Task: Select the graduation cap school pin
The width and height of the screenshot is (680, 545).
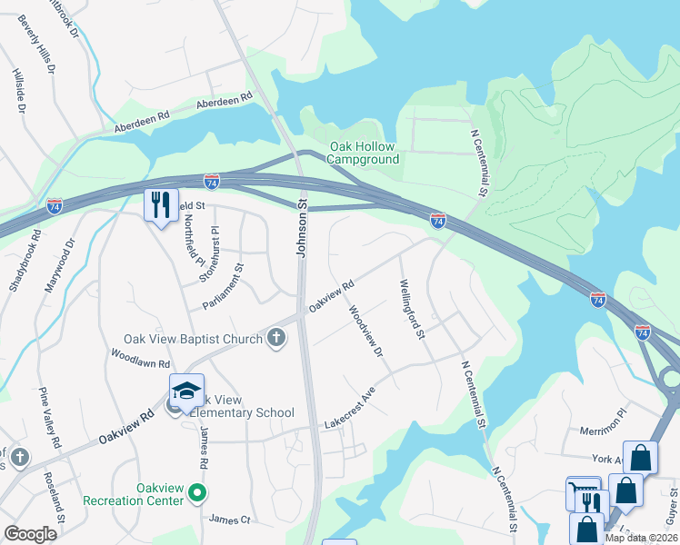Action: [x=186, y=391]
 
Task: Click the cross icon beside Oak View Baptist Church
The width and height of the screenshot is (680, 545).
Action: [x=276, y=339]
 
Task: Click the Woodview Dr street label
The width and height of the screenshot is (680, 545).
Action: [x=366, y=331]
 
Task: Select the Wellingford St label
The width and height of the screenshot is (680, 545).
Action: [x=413, y=310]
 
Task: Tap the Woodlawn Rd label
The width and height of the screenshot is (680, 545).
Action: [x=141, y=357]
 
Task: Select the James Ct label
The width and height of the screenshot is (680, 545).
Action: [x=229, y=520]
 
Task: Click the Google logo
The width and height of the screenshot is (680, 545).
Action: [x=30, y=533]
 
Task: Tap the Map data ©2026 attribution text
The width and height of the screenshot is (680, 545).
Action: [x=640, y=538]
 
